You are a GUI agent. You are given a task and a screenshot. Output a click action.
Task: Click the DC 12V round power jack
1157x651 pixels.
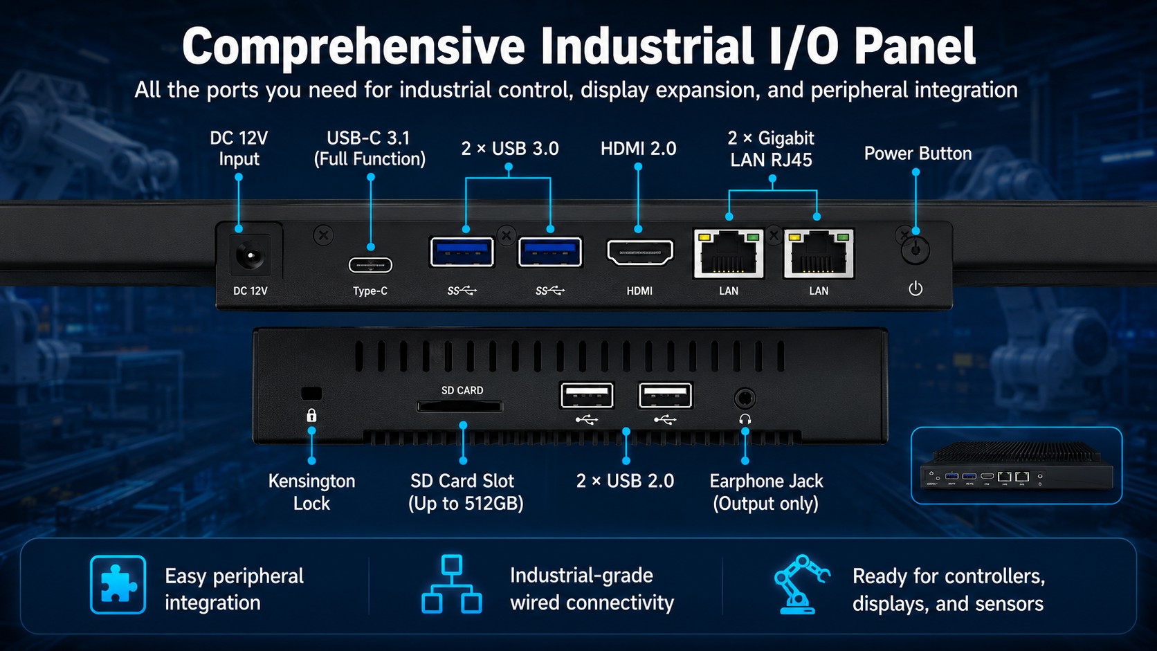[x=252, y=256]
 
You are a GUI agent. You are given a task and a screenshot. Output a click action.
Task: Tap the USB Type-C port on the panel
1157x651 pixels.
[x=370, y=266]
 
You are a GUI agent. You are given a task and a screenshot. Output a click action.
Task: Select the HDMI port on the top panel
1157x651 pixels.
[x=640, y=253]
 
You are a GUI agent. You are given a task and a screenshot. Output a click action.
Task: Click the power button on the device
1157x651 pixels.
[x=915, y=250]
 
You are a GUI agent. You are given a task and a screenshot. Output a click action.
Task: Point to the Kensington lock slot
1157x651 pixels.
[x=311, y=394]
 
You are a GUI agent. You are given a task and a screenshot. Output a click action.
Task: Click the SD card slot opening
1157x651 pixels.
[x=459, y=406]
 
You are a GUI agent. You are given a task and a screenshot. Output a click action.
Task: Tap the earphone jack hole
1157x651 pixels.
[x=745, y=398]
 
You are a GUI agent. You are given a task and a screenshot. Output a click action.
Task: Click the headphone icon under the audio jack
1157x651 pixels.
[x=745, y=419]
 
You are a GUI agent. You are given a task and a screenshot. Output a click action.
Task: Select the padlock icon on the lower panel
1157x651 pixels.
[x=311, y=415]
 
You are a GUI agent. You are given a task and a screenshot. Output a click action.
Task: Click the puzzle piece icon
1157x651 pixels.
[x=118, y=585]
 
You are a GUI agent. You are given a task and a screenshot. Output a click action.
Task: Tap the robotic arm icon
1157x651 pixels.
[x=801, y=584]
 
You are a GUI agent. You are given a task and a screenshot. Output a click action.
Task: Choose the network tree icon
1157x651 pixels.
[x=452, y=585]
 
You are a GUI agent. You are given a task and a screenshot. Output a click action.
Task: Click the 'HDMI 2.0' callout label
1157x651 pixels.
[x=639, y=149]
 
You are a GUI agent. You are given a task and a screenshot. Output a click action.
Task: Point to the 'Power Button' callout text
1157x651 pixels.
[x=918, y=154]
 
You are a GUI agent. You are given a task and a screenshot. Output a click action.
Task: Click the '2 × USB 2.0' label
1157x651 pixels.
[x=625, y=481]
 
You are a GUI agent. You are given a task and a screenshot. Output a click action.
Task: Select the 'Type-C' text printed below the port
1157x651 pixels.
[x=370, y=291]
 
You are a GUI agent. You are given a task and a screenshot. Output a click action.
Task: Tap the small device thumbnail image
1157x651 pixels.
[x=1017, y=465]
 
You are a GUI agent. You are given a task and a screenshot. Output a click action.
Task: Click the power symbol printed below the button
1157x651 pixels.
[x=915, y=288]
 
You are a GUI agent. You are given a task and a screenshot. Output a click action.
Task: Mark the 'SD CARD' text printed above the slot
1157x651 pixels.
[x=462, y=390]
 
